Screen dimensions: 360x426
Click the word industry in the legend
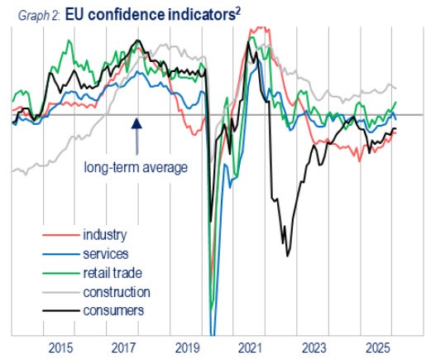click(106, 237)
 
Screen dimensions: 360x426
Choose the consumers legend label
click(114, 310)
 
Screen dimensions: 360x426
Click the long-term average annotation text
click(136, 167)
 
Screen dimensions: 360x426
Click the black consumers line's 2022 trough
click(287, 256)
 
